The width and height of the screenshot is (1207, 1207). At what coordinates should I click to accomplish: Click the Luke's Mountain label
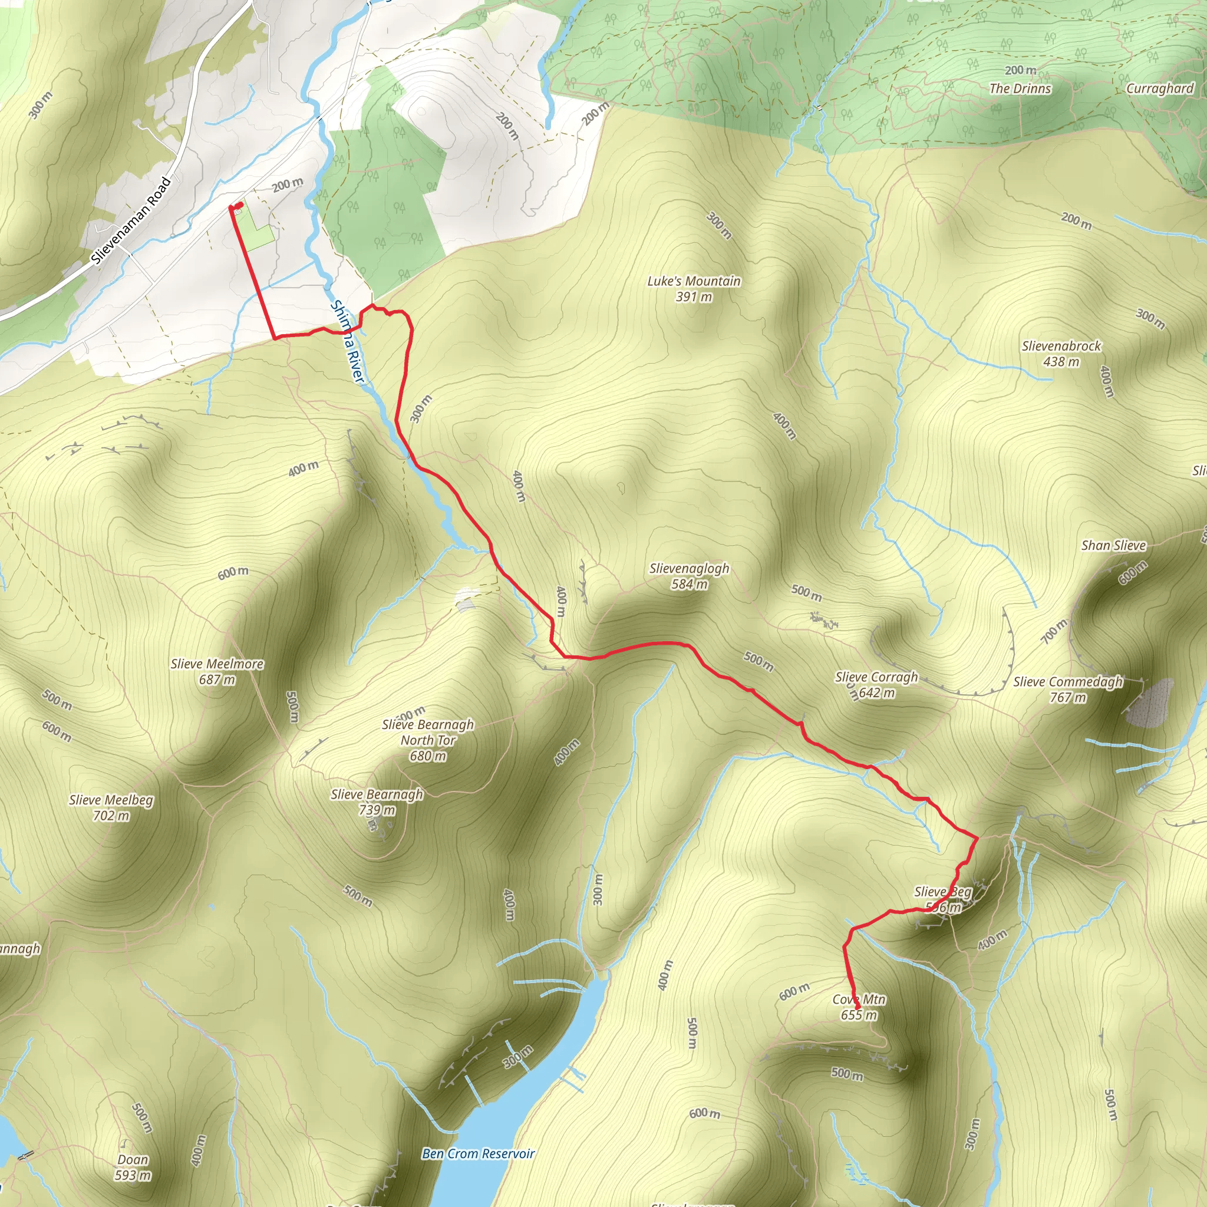click(x=694, y=289)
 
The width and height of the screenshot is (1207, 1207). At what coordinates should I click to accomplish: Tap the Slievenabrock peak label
click(x=1061, y=354)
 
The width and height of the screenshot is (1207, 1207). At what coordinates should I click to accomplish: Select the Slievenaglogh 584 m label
click(x=689, y=576)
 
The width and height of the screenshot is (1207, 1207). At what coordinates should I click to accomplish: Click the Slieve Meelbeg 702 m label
click(x=111, y=808)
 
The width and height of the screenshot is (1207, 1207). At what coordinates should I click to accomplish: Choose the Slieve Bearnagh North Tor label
click(x=428, y=740)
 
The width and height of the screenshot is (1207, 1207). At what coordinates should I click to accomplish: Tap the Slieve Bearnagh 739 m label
click(x=377, y=802)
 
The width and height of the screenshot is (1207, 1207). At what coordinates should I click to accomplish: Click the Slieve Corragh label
click(x=876, y=685)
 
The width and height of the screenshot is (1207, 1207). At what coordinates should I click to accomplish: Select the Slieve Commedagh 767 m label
click(x=1068, y=690)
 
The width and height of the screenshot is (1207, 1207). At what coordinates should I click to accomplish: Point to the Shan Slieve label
click(x=1114, y=545)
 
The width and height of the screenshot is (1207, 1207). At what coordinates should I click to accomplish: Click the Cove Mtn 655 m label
click(x=859, y=1007)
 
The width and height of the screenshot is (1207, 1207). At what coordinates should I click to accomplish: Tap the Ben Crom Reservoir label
click(x=478, y=1154)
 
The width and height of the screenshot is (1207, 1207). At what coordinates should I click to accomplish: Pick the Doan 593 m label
click(x=133, y=1168)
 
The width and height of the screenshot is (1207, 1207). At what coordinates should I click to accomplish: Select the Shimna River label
click(x=347, y=342)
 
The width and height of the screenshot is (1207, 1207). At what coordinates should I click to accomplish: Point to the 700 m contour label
click(x=1054, y=631)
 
